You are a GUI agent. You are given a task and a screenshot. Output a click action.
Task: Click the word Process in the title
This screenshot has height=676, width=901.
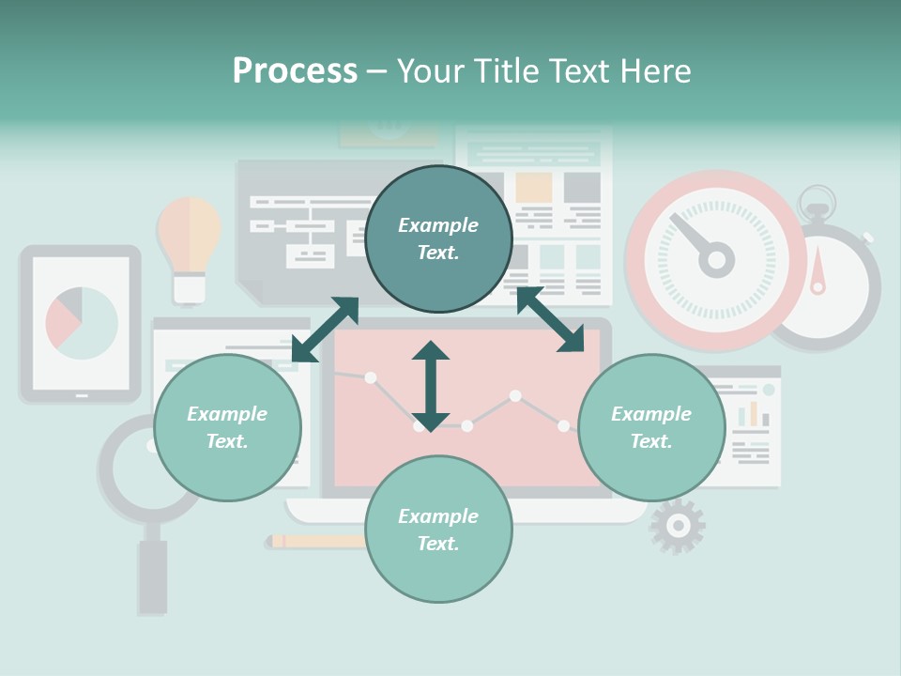tap(295, 71)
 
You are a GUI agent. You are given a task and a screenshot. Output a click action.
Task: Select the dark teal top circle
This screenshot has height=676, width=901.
tap(438, 239)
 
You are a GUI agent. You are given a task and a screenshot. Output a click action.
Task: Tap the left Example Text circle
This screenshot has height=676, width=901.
tap(227, 427)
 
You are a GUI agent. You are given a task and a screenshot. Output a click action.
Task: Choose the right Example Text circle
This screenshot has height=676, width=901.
tap(651, 427)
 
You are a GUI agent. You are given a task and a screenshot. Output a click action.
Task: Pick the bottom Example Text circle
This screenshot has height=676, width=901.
tap(438, 530)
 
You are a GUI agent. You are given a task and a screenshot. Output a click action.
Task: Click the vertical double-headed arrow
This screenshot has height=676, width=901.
tap(431, 386)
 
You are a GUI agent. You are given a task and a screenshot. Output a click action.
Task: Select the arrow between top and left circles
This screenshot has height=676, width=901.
tap(325, 330)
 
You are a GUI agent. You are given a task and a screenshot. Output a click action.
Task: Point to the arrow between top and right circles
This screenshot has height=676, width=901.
tap(550, 320)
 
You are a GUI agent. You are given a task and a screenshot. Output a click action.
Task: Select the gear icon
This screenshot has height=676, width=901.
tap(677, 526)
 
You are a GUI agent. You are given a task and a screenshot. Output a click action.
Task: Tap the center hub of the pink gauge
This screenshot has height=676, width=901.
tap(716, 260)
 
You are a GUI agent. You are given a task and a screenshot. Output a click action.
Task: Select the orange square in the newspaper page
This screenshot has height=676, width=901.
tap(533, 188)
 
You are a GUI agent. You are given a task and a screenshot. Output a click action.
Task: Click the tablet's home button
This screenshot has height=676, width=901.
tap(81, 395)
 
